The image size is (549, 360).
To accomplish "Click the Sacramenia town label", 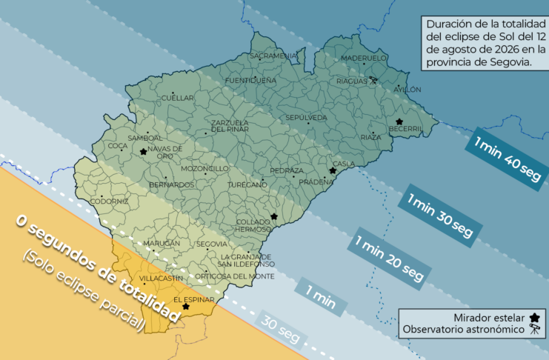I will tap(274, 56).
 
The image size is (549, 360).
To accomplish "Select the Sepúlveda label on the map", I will tap(306, 118).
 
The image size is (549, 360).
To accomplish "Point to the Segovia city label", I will tap(212, 244).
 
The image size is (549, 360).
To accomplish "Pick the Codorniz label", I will tap(109, 201).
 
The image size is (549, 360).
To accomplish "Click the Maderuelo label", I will tap(364, 58).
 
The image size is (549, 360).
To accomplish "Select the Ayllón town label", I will tap(407, 90).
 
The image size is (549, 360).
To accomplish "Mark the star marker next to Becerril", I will tap(399, 121).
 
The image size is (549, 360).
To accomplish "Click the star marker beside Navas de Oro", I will tap(143, 151).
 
